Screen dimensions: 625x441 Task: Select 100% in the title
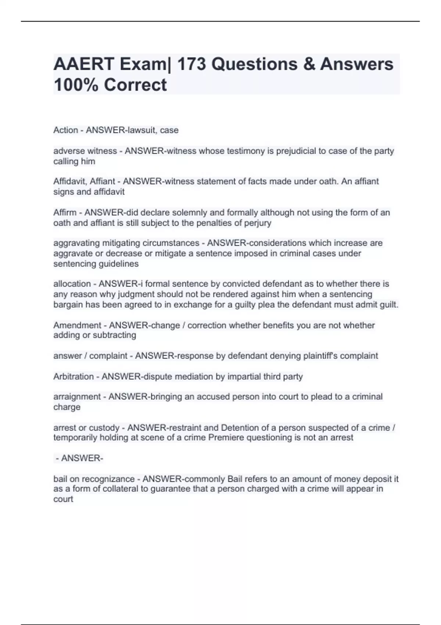coord(76,85)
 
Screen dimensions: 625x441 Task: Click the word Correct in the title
coord(135,85)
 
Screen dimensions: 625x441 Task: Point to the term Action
coord(66,130)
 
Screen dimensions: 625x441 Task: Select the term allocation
coord(72,284)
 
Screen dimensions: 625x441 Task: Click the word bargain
coord(68,304)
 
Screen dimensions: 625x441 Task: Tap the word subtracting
coord(115,335)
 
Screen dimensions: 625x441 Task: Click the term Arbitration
coord(73,376)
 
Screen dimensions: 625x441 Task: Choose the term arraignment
coord(77,397)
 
